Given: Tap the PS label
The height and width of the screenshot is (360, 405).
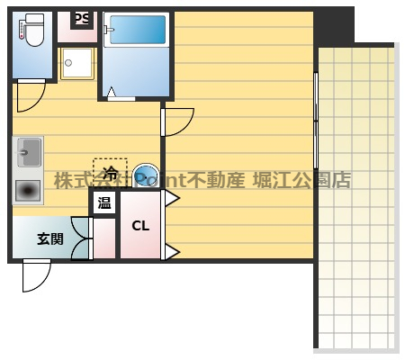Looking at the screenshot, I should click(x=81, y=19).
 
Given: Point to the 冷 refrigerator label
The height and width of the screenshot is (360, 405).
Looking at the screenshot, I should click(x=111, y=170).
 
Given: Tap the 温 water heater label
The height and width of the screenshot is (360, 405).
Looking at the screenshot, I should click(x=104, y=202).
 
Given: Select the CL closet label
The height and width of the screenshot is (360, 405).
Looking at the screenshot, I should click(x=141, y=226).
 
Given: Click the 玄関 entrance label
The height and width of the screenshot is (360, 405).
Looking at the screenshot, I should click(x=49, y=239).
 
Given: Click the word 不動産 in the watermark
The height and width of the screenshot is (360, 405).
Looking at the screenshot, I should click(x=217, y=179).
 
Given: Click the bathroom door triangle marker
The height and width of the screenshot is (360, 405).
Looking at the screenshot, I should click(x=112, y=91).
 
